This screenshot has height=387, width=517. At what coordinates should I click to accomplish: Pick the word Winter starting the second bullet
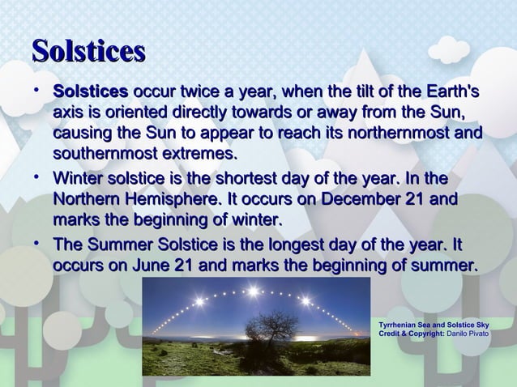(x=78, y=178)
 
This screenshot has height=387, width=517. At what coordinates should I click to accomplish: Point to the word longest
(x=288, y=245)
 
